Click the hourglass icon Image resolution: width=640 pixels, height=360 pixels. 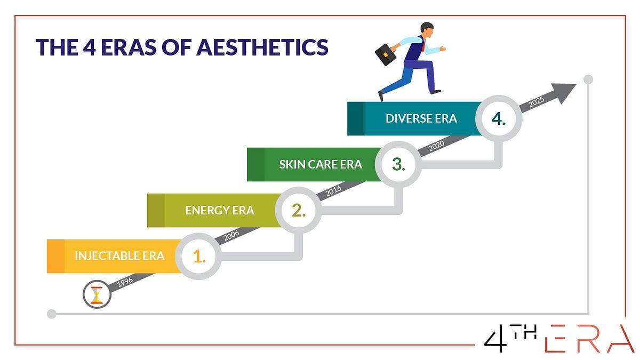click(97, 295)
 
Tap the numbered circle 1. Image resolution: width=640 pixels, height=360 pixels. click(198, 257)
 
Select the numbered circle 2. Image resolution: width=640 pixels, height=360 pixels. click(298, 210)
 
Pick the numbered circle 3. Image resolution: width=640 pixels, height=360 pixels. click(398, 164)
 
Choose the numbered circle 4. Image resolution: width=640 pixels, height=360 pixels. click(499, 118)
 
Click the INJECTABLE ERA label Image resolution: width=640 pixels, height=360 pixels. click(119, 255)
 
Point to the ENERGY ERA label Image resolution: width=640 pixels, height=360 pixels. click(220, 210)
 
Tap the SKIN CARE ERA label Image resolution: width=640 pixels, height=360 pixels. click(321, 164)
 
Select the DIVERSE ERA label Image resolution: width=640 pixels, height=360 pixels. click(421, 118)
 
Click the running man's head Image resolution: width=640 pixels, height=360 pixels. click(427, 29)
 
